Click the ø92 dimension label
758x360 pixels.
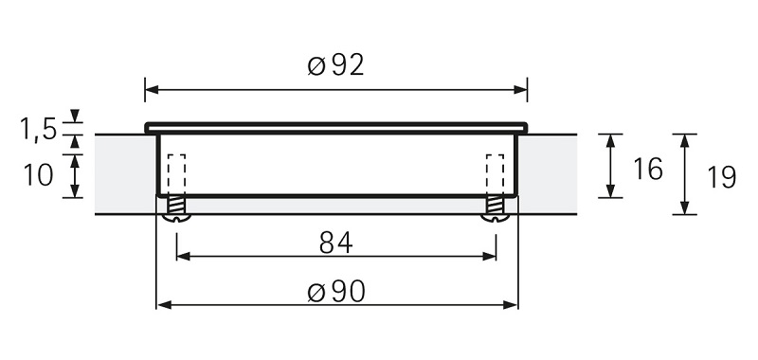[336, 65]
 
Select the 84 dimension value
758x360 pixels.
[335, 243]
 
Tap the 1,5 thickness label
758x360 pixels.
[39, 128]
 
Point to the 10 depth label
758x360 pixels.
[39, 175]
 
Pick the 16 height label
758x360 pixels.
[647, 170]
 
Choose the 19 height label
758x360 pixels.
[721, 175]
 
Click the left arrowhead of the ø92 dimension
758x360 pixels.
[151, 91]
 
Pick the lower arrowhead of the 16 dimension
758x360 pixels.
[611, 191]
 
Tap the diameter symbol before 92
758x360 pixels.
[316, 66]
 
